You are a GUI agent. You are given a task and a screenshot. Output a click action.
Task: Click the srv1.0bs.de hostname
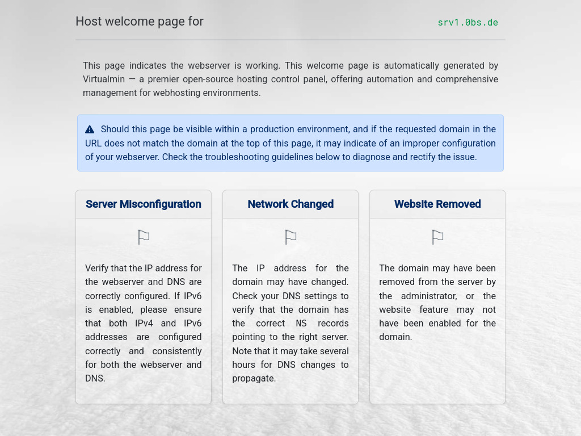click(x=468, y=23)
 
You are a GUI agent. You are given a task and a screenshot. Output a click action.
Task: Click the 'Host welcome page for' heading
click(x=140, y=22)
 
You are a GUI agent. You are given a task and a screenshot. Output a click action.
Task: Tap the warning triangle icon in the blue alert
click(x=90, y=129)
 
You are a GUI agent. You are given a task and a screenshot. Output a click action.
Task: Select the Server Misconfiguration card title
click(x=144, y=204)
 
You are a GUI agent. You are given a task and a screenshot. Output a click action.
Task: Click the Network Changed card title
click(x=290, y=204)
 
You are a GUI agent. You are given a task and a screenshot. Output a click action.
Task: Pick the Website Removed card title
click(x=437, y=204)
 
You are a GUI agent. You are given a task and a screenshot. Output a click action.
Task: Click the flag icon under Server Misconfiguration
click(x=144, y=237)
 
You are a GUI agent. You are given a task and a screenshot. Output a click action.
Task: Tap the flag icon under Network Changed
click(x=290, y=237)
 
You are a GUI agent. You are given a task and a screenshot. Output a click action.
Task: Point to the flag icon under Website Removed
click(x=437, y=237)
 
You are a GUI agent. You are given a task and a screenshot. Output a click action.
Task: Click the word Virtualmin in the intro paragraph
click(x=104, y=79)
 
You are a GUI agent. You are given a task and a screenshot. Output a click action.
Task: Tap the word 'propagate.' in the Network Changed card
click(x=254, y=379)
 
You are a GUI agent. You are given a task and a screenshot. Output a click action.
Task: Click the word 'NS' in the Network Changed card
click(x=301, y=324)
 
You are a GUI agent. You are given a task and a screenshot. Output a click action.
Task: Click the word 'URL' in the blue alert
click(x=94, y=144)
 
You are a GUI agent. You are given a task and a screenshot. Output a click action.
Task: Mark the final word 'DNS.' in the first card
click(x=95, y=379)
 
